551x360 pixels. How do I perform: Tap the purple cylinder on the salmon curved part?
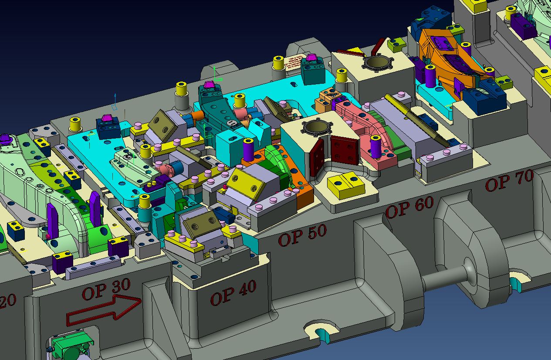(375, 146)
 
